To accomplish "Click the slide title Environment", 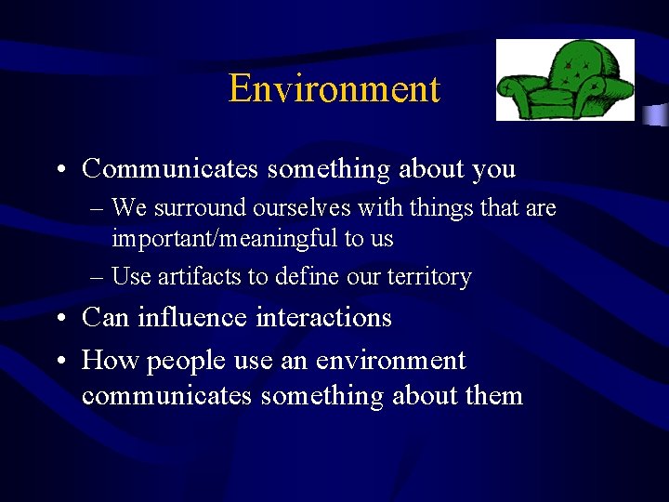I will [x=334, y=89].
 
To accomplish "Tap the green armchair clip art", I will [x=564, y=80].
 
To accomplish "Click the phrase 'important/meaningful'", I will [x=225, y=239].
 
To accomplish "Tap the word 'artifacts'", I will [x=196, y=277].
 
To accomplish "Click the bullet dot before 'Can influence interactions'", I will [x=60, y=319].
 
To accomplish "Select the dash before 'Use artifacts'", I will [x=98, y=277].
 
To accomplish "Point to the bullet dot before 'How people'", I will [x=60, y=361].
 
